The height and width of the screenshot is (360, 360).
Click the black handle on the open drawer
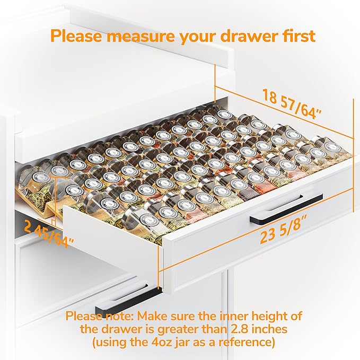[286, 206]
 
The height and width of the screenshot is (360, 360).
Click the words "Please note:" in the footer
[99, 317]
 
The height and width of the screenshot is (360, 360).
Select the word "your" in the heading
[193, 36]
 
